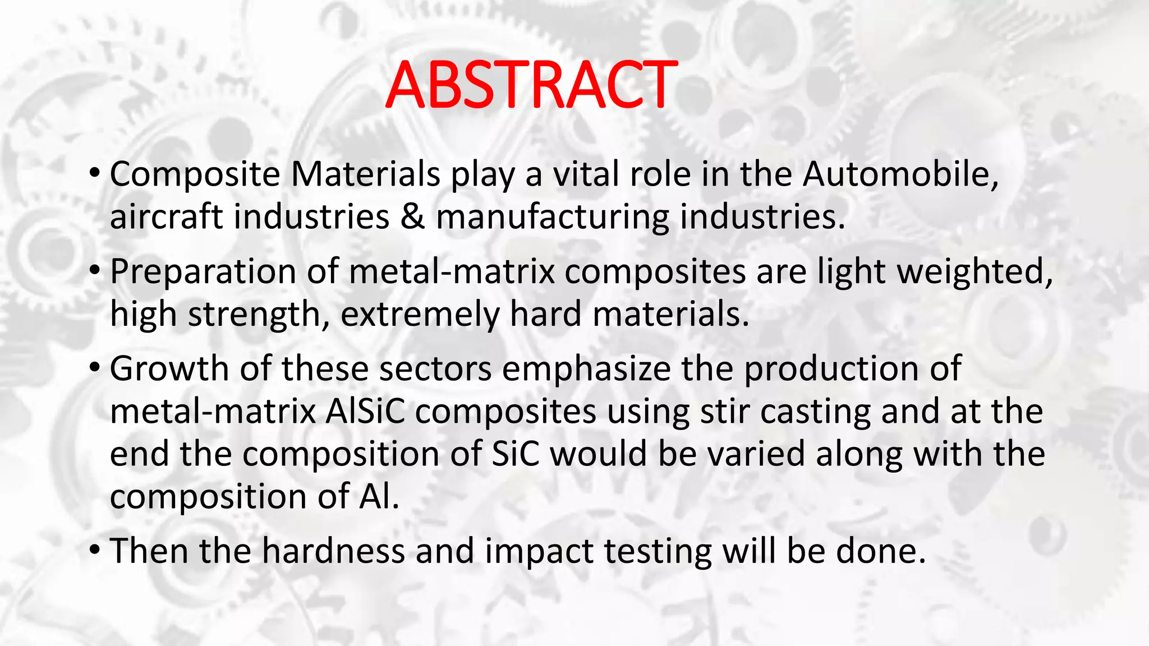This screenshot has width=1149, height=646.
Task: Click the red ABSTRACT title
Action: [531, 85]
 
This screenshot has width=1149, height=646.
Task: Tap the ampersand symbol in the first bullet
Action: [412, 217]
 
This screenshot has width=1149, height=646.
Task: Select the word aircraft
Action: [166, 217]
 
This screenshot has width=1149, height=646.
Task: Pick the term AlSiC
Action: [365, 412]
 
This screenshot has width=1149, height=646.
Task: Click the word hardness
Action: [334, 551]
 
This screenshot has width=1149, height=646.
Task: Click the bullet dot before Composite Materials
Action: [95, 173]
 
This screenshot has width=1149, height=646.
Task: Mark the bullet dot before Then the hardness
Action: [95, 550]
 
